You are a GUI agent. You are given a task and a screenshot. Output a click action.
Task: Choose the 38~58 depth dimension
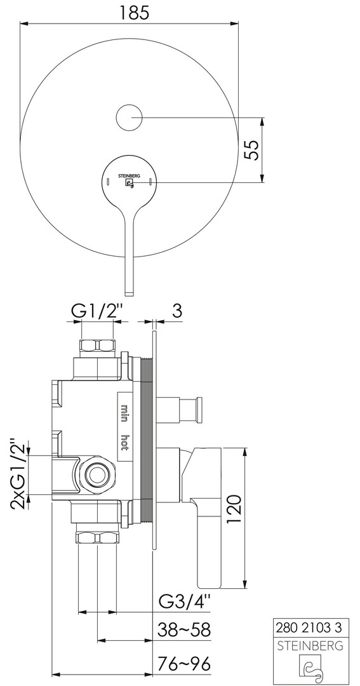(x=184, y=630)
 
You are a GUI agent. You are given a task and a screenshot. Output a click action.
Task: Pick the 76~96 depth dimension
(x=184, y=663)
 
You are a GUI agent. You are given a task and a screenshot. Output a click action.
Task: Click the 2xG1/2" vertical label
(x=19, y=474)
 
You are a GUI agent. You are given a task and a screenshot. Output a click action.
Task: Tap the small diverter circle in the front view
(x=130, y=118)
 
